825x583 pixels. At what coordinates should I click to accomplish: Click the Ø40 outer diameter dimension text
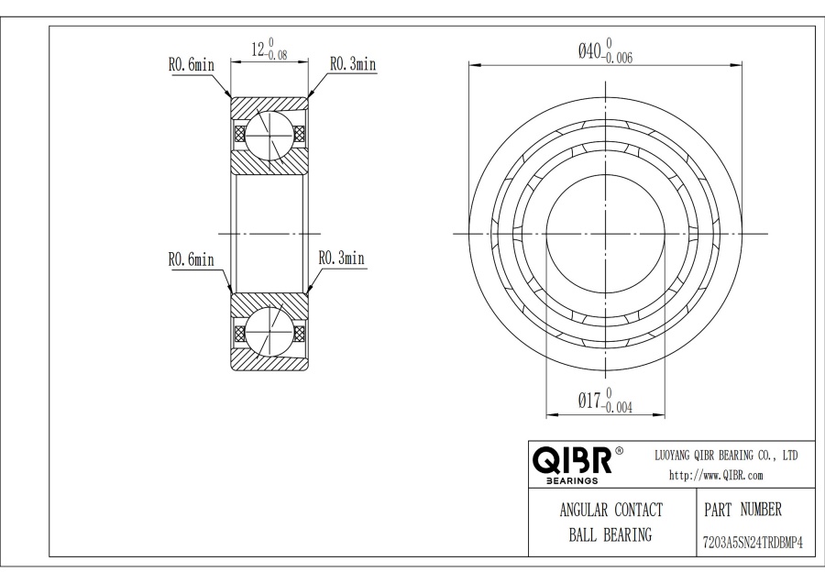pos(605,50)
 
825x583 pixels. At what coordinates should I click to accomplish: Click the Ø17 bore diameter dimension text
pos(605,401)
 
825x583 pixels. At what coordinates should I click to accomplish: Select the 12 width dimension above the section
pos(269,49)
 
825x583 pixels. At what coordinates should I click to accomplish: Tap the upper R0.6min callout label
pos(191,65)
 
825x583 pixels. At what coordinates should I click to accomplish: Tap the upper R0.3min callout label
pos(353,63)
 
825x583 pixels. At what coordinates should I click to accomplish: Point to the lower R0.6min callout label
pos(191,259)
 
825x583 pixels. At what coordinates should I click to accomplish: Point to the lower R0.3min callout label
pos(342,258)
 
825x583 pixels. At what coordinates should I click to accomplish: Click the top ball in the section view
pos(269,135)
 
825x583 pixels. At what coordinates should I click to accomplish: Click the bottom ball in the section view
pos(269,333)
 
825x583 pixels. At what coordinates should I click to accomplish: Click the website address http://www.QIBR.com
pos(716,475)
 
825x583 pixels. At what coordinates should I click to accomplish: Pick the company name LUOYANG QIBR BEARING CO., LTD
pos(726,456)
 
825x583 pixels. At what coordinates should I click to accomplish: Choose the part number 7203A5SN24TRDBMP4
pos(753,543)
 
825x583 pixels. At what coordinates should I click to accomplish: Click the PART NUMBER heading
pos(742,510)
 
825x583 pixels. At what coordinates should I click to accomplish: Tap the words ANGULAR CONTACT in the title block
pos(610,510)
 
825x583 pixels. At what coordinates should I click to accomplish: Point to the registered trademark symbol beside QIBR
pos(620,451)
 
